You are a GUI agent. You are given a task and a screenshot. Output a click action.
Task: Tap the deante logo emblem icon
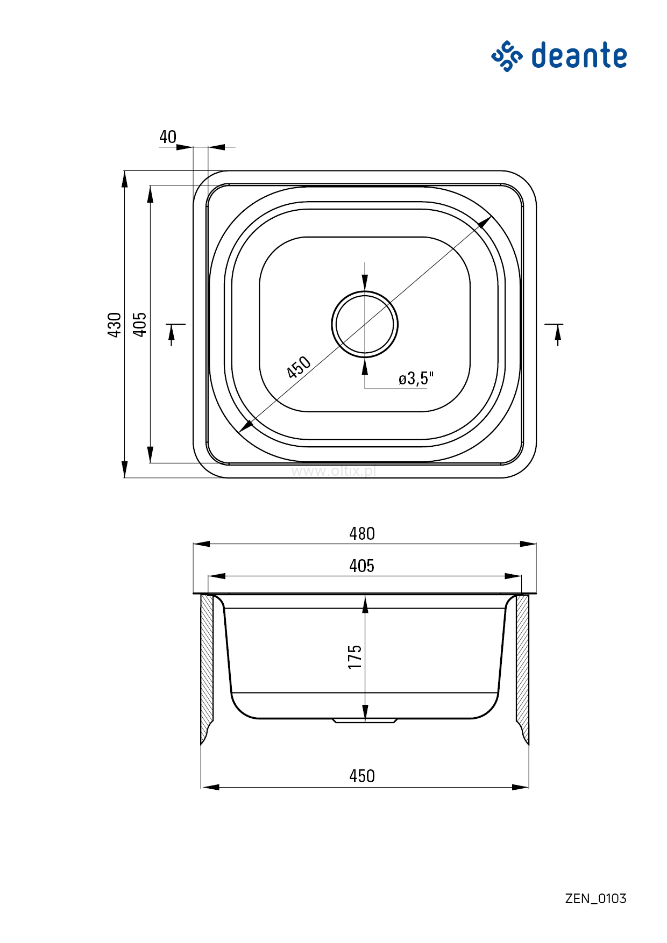[x=507, y=56]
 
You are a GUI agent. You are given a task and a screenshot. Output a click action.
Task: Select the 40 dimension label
[x=168, y=137]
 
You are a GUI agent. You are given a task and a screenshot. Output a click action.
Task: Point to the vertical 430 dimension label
[x=114, y=324]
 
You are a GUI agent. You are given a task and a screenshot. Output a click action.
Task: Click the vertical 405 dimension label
[x=139, y=324]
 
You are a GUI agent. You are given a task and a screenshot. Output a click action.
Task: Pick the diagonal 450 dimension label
[x=299, y=367]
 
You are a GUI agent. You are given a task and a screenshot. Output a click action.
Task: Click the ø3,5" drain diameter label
[x=416, y=378]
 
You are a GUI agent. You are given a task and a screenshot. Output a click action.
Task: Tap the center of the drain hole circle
[x=365, y=324]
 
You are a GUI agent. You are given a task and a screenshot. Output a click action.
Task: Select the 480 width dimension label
[x=362, y=533]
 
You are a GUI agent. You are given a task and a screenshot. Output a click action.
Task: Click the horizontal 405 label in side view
[x=362, y=566]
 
